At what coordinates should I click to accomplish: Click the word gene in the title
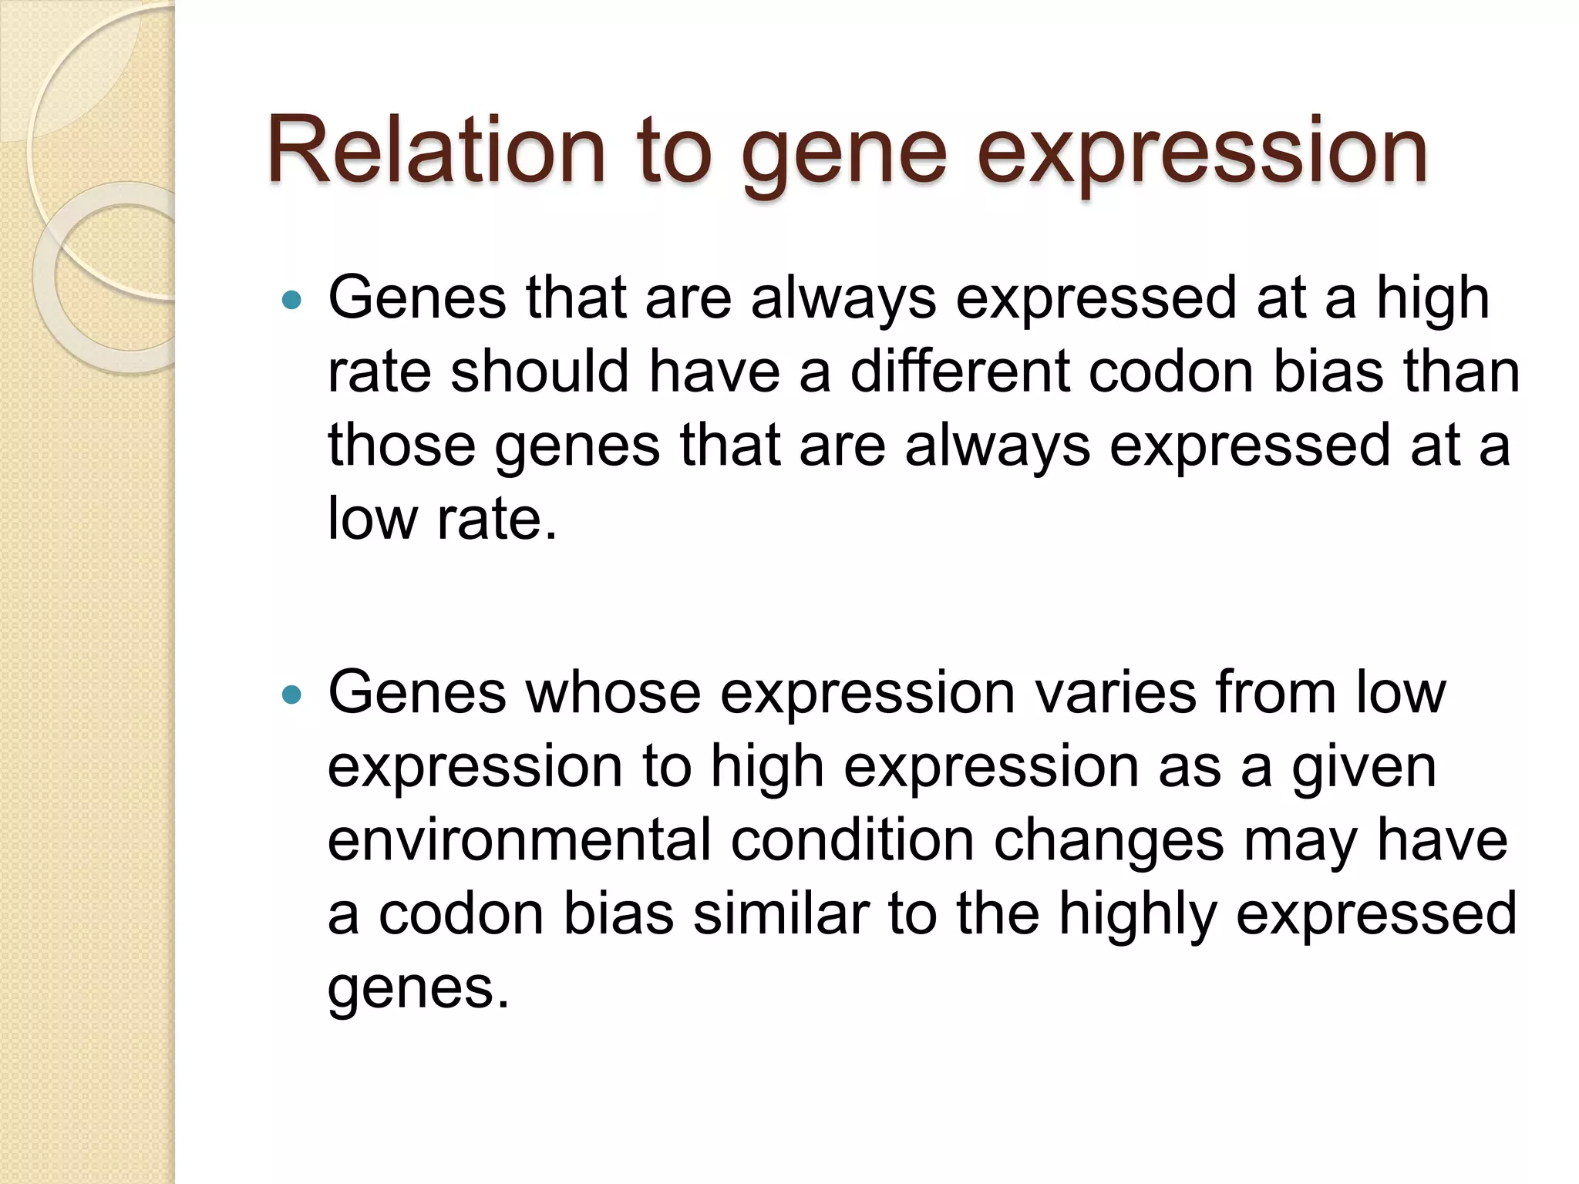click(843, 154)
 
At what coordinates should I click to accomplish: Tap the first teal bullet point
click(291, 300)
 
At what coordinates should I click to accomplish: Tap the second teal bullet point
click(291, 695)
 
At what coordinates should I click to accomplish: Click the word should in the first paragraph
click(539, 372)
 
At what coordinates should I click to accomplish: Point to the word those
click(401, 446)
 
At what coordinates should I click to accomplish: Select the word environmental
click(519, 840)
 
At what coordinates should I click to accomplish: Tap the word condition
click(852, 840)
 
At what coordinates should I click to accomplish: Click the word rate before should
click(379, 373)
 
